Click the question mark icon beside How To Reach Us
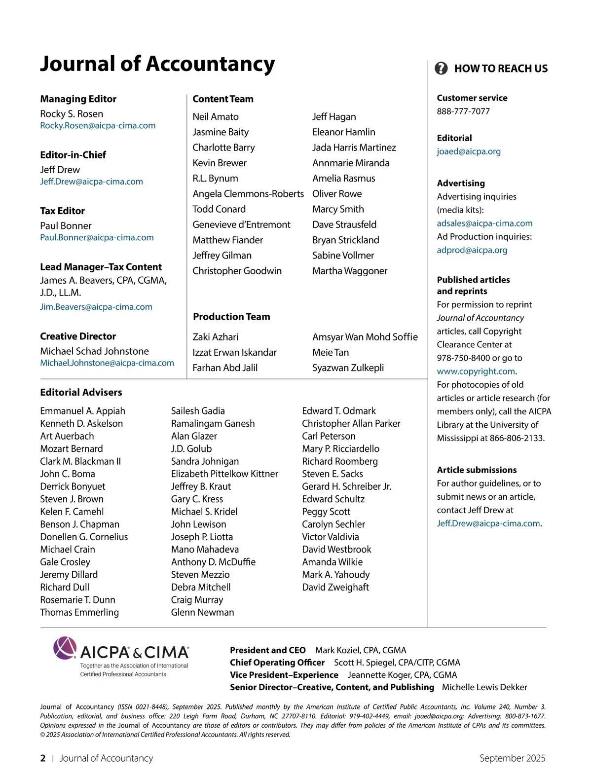coord(441,68)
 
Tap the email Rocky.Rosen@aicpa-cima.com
coord(98,126)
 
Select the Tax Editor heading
coord(62,211)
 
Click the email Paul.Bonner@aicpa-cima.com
coord(97,238)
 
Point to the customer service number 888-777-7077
coord(463,111)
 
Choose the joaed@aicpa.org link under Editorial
coord(469,151)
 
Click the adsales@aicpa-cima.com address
coord(484,223)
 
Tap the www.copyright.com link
coord(476,371)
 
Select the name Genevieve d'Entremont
coord(241,224)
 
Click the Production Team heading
coord(231,317)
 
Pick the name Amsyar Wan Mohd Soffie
coord(365,337)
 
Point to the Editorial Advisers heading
coord(81,392)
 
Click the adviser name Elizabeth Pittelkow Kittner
coord(224,474)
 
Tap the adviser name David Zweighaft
coord(335,587)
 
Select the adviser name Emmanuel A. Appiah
coord(82,411)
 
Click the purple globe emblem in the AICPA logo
coord(65,648)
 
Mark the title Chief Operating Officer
coord(277,663)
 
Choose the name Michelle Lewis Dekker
coord(484,687)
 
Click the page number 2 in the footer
coord(43,758)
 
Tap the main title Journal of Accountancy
coord(157,64)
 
